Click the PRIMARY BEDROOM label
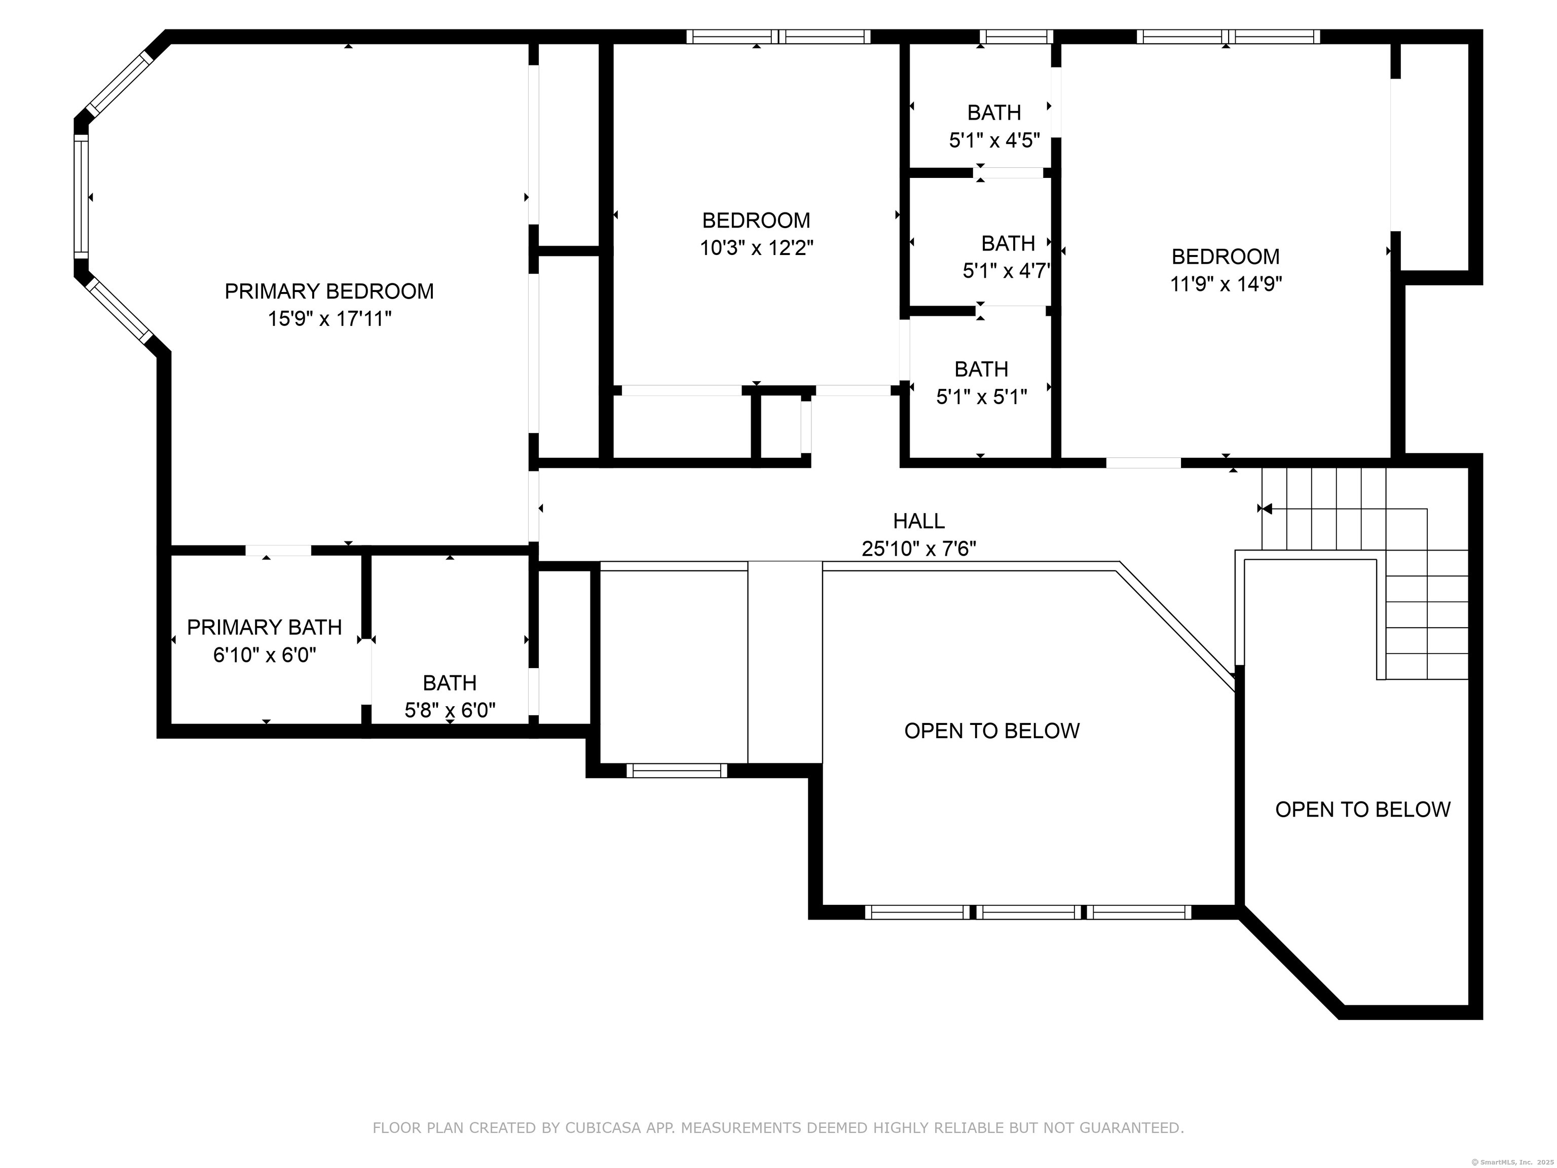click(329, 291)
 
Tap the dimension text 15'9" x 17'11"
click(329, 319)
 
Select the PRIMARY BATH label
click(264, 627)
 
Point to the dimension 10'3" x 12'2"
click(756, 248)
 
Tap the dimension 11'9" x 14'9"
click(1226, 284)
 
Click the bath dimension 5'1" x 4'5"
click(994, 140)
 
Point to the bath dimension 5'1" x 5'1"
click(981, 397)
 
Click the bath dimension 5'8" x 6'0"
click(450, 710)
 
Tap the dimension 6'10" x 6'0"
click(264, 655)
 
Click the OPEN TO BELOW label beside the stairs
click(1363, 810)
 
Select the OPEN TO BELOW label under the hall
click(992, 731)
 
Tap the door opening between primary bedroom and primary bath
click(278, 551)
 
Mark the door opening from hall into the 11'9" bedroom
click(1143, 462)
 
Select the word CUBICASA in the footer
click(603, 1128)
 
